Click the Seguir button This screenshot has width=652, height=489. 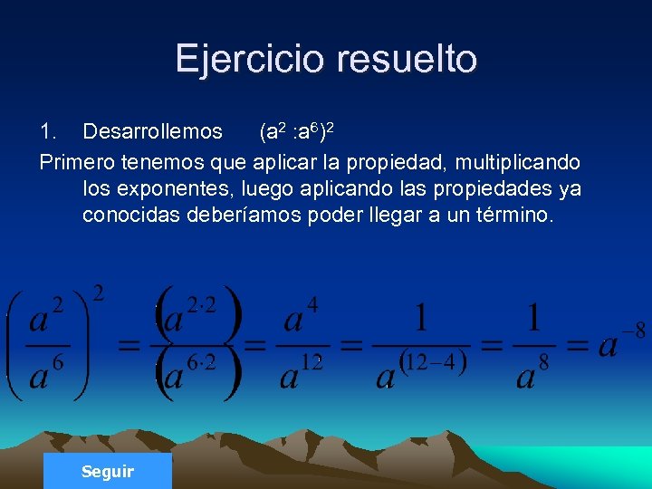pyautogui.click(x=107, y=471)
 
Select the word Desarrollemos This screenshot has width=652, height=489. pyautogui.click(x=152, y=132)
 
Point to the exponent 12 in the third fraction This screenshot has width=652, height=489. pyautogui.click(x=312, y=363)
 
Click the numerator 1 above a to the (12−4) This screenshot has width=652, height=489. pyautogui.click(x=420, y=318)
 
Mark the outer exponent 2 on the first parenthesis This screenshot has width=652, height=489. pyautogui.click(x=98, y=292)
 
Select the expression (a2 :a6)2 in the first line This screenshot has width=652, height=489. pyautogui.click(x=298, y=132)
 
